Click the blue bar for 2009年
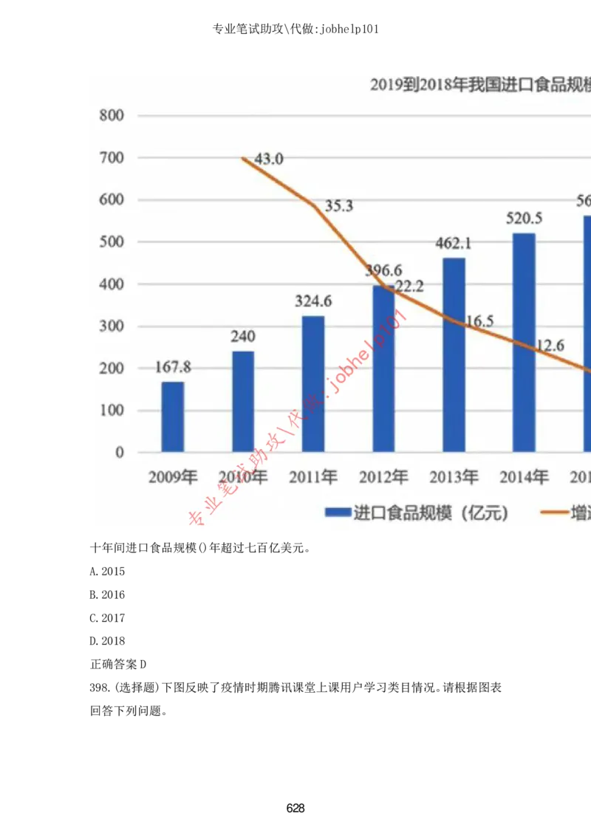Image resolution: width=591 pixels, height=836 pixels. tap(173, 417)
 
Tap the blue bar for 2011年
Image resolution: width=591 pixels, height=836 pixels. tap(313, 383)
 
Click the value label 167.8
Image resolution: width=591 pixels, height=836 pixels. tap(173, 368)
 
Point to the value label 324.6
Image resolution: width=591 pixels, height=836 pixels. tap(313, 301)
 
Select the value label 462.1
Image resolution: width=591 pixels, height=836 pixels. tap(454, 244)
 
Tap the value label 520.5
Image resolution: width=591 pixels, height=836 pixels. tap(524, 219)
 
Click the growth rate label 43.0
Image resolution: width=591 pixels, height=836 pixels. tap(269, 159)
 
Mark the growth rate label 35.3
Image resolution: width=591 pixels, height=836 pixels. tap(339, 206)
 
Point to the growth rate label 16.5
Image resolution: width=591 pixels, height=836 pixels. tap(479, 321)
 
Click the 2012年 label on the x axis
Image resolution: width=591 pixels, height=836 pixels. tap(383, 477)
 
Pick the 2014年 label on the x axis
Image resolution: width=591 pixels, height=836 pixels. tap(524, 477)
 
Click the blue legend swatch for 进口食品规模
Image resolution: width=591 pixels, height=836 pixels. tap(338, 513)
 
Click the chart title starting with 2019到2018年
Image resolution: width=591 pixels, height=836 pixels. tap(480, 85)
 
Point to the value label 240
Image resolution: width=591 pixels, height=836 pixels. tap(243, 337)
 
